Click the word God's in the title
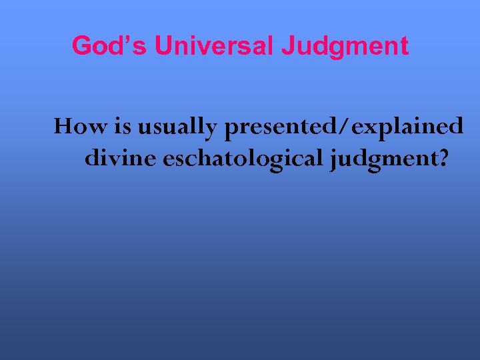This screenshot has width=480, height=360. tap(109, 46)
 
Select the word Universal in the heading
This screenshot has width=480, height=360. tap(214, 46)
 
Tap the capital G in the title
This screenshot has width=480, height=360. tap(81, 46)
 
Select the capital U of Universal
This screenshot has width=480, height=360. tap(163, 46)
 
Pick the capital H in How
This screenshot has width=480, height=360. tap(63, 126)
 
